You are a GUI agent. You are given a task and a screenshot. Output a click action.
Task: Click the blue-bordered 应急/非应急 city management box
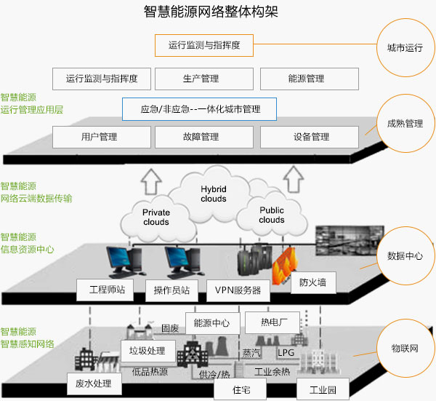pyautogui.click(x=200, y=109)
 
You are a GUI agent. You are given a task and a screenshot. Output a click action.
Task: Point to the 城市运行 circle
pyautogui.click(x=405, y=48)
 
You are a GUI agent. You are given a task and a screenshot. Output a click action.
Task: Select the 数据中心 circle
pyautogui.click(x=405, y=256)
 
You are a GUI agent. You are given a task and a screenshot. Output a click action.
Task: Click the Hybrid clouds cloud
pyautogui.click(x=213, y=194)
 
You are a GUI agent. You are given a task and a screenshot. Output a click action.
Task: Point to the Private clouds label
pyautogui.click(x=156, y=217)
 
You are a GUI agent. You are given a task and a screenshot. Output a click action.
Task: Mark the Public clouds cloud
pyautogui.click(x=272, y=215)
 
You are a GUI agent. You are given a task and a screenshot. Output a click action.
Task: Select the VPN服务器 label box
pyautogui.click(x=238, y=290)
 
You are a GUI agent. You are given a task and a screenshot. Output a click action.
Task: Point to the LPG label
pyautogui.click(x=286, y=352)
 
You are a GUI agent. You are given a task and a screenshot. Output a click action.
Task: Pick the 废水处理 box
pyautogui.click(x=94, y=383)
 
